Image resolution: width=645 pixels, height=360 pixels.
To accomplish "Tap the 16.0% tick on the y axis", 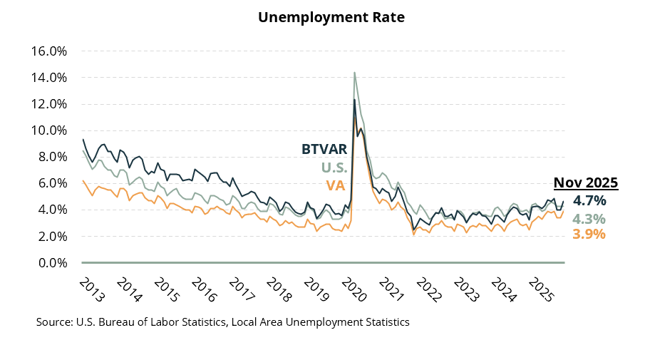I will coord(48,51).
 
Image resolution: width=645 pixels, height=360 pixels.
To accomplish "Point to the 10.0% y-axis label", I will coord(48,130).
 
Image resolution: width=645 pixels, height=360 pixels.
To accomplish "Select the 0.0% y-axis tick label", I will coord(51,263).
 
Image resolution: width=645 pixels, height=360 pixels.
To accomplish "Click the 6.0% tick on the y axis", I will coord(51,183).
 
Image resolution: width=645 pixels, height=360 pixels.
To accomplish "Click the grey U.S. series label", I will coord(334,168).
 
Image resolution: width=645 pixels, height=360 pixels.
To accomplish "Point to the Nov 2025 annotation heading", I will coord(586,182).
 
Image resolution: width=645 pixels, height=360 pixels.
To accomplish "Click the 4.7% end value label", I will coord(589,200).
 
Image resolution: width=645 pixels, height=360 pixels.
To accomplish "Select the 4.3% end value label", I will coord(589,218).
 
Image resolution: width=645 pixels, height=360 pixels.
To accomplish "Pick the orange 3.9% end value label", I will coord(589,234).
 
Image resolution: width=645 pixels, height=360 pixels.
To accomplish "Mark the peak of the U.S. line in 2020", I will coord(354,72).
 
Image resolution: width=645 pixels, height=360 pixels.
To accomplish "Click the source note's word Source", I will coord(53,322).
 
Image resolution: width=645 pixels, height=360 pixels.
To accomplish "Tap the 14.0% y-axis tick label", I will coord(48,78).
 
